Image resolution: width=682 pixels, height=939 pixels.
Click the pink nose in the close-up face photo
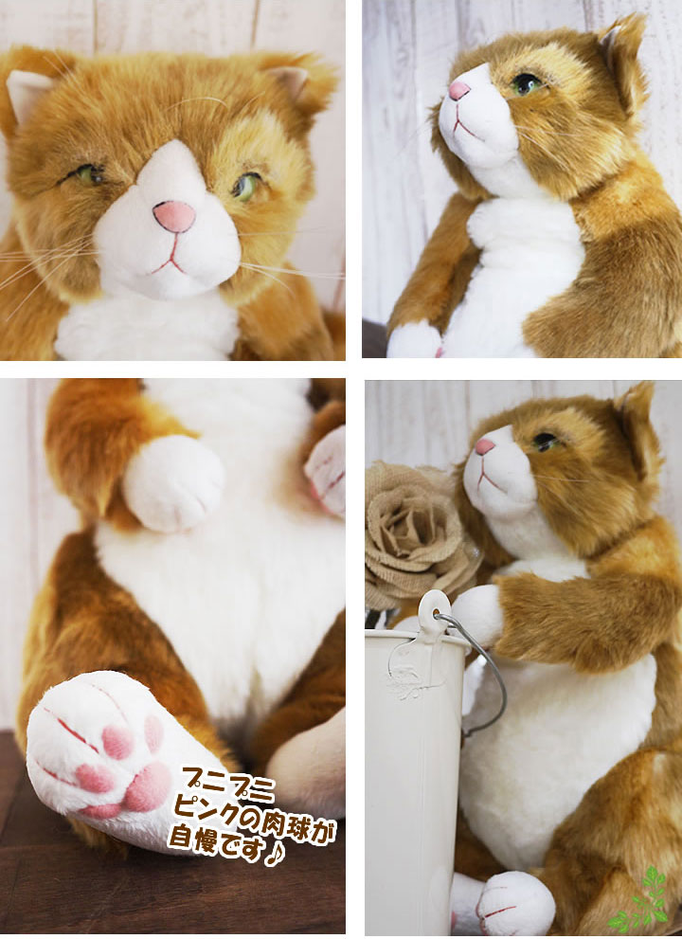[x=174, y=216]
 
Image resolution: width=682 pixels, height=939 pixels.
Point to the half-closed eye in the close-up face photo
[x=90, y=174]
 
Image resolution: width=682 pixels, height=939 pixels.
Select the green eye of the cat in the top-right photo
[x=526, y=83]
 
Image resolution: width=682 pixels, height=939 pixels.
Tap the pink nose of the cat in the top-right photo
[x=459, y=91]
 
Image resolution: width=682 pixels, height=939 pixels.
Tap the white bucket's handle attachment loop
[x=437, y=607]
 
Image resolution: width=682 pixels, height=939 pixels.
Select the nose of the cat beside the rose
[x=485, y=446]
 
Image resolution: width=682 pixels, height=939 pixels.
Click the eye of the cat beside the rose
[x=545, y=441]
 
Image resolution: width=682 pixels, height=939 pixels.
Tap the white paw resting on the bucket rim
[x=477, y=611]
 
